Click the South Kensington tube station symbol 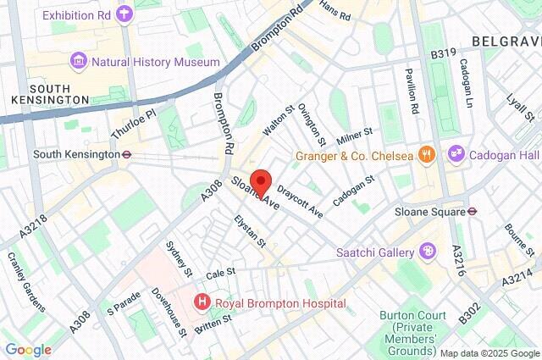pos(125,155)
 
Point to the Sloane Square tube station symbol pos(473,211)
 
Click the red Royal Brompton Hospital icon pos(202,302)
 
